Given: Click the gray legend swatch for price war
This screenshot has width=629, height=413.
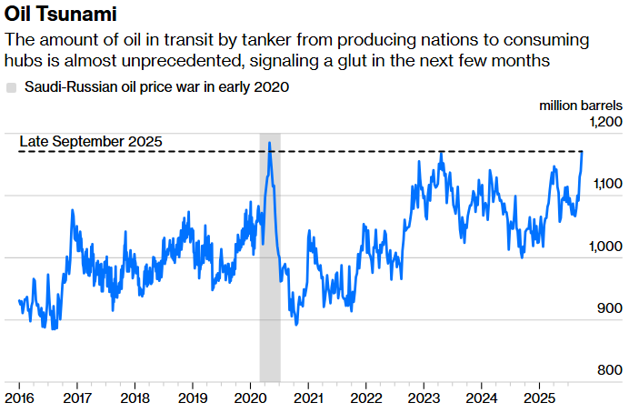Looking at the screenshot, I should coord(11,87).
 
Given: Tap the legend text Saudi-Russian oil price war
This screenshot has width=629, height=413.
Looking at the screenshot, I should coord(156,87).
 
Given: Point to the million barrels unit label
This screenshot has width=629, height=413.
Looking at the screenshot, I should coord(581,106).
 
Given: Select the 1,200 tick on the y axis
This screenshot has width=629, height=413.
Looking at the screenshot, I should coord(604,122).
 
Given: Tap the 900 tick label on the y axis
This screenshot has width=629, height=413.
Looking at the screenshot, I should coord(610,308).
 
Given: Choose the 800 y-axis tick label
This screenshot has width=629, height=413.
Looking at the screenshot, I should coord(610,370).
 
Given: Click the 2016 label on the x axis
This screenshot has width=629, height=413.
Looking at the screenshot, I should coord(20,398).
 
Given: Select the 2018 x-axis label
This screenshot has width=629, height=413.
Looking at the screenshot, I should coord(135,398).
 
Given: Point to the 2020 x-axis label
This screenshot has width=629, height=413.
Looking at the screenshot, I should coord(250,398).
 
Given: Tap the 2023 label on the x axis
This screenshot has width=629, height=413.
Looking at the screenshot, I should coord(423,398).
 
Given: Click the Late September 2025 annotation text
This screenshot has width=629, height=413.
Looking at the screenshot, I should coord(91,141).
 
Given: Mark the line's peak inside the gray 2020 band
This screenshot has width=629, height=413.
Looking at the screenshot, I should coord(269,144).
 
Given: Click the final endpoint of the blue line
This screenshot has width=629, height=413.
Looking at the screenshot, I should coord(583,151).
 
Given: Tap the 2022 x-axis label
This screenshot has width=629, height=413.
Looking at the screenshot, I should coord(365,398).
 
